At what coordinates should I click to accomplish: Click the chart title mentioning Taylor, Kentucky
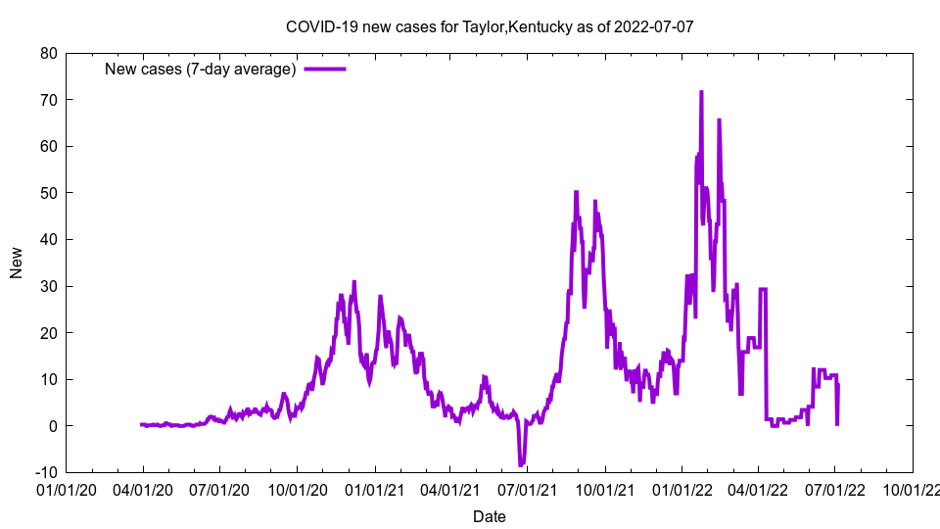click(490, 26)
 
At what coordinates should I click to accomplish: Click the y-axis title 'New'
click(17, 263)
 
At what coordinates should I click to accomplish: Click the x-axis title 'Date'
click(490, 516)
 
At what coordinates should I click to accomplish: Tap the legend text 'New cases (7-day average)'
click(201, 69)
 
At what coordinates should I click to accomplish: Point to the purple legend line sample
click(325, 69)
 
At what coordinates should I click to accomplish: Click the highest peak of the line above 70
click(701, 92)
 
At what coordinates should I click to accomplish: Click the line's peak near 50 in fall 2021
click(576, 193)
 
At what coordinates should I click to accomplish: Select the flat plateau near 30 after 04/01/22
click(763, 289)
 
